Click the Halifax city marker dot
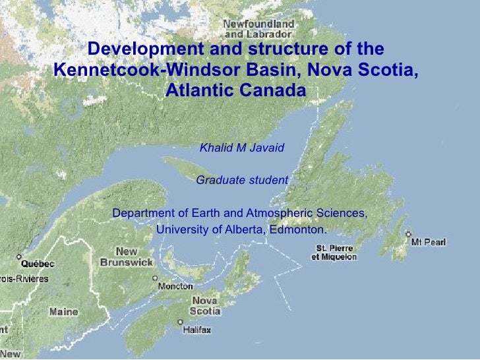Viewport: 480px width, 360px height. click(x=181, y=322)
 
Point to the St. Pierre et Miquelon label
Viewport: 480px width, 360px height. click(x=334, y=253)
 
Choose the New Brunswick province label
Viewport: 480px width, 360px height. click(x=127, y=256)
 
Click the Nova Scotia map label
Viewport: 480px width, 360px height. click(x=205, y=305)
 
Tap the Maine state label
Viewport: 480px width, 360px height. click(x=63, y=311)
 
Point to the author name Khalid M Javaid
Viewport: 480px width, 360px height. click(x=241, y=146)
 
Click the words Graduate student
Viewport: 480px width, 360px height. click(x=242, y=180)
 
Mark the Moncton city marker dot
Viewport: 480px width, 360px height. click(x=160, y=279)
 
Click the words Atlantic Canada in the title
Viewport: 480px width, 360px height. click(x=235, y=89)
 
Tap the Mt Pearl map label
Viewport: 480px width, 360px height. click(x=429, y=242)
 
